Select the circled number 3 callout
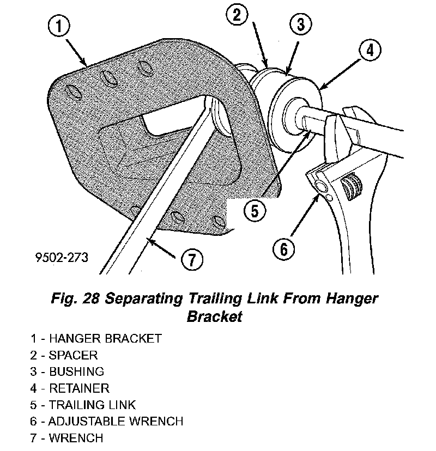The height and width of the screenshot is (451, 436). [300, 24]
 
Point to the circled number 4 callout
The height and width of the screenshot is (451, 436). [369, 51]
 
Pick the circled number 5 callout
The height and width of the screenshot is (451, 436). [255, 210]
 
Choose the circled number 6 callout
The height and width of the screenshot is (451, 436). [283, 249]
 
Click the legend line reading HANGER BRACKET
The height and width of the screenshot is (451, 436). [96, 338]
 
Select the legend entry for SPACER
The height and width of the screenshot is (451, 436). [64, 355]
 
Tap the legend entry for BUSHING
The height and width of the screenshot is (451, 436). [67, 371]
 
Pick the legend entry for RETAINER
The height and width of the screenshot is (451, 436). [70, 388]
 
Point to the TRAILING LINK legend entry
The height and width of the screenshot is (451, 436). [83, 405]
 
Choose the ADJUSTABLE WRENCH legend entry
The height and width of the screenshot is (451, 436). [107, 421]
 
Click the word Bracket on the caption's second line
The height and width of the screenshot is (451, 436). [214, 316]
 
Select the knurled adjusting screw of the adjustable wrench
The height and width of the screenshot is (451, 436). [350, 185]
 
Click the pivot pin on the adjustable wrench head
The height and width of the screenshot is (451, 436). [322, 186]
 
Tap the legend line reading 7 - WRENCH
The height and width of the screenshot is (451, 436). [66, 437]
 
